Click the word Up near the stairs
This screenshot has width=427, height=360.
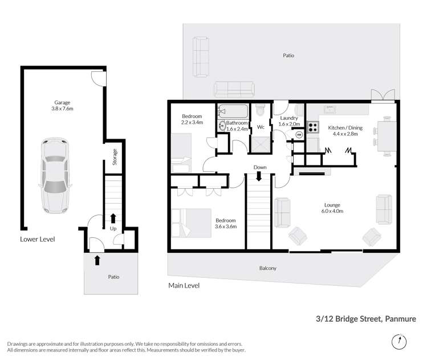(x=113, y=228)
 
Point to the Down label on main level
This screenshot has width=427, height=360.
(x=260, y=167)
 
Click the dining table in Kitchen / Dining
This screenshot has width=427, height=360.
(x=387, y=135)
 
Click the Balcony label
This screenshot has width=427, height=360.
(x=267, y=268)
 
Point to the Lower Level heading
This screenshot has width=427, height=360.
(x=38, y=239)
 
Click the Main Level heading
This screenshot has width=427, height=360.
(x=184, y=285)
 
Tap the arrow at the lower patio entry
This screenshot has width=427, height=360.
(x=96, y=260)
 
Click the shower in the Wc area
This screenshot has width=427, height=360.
(x=260, y=144)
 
